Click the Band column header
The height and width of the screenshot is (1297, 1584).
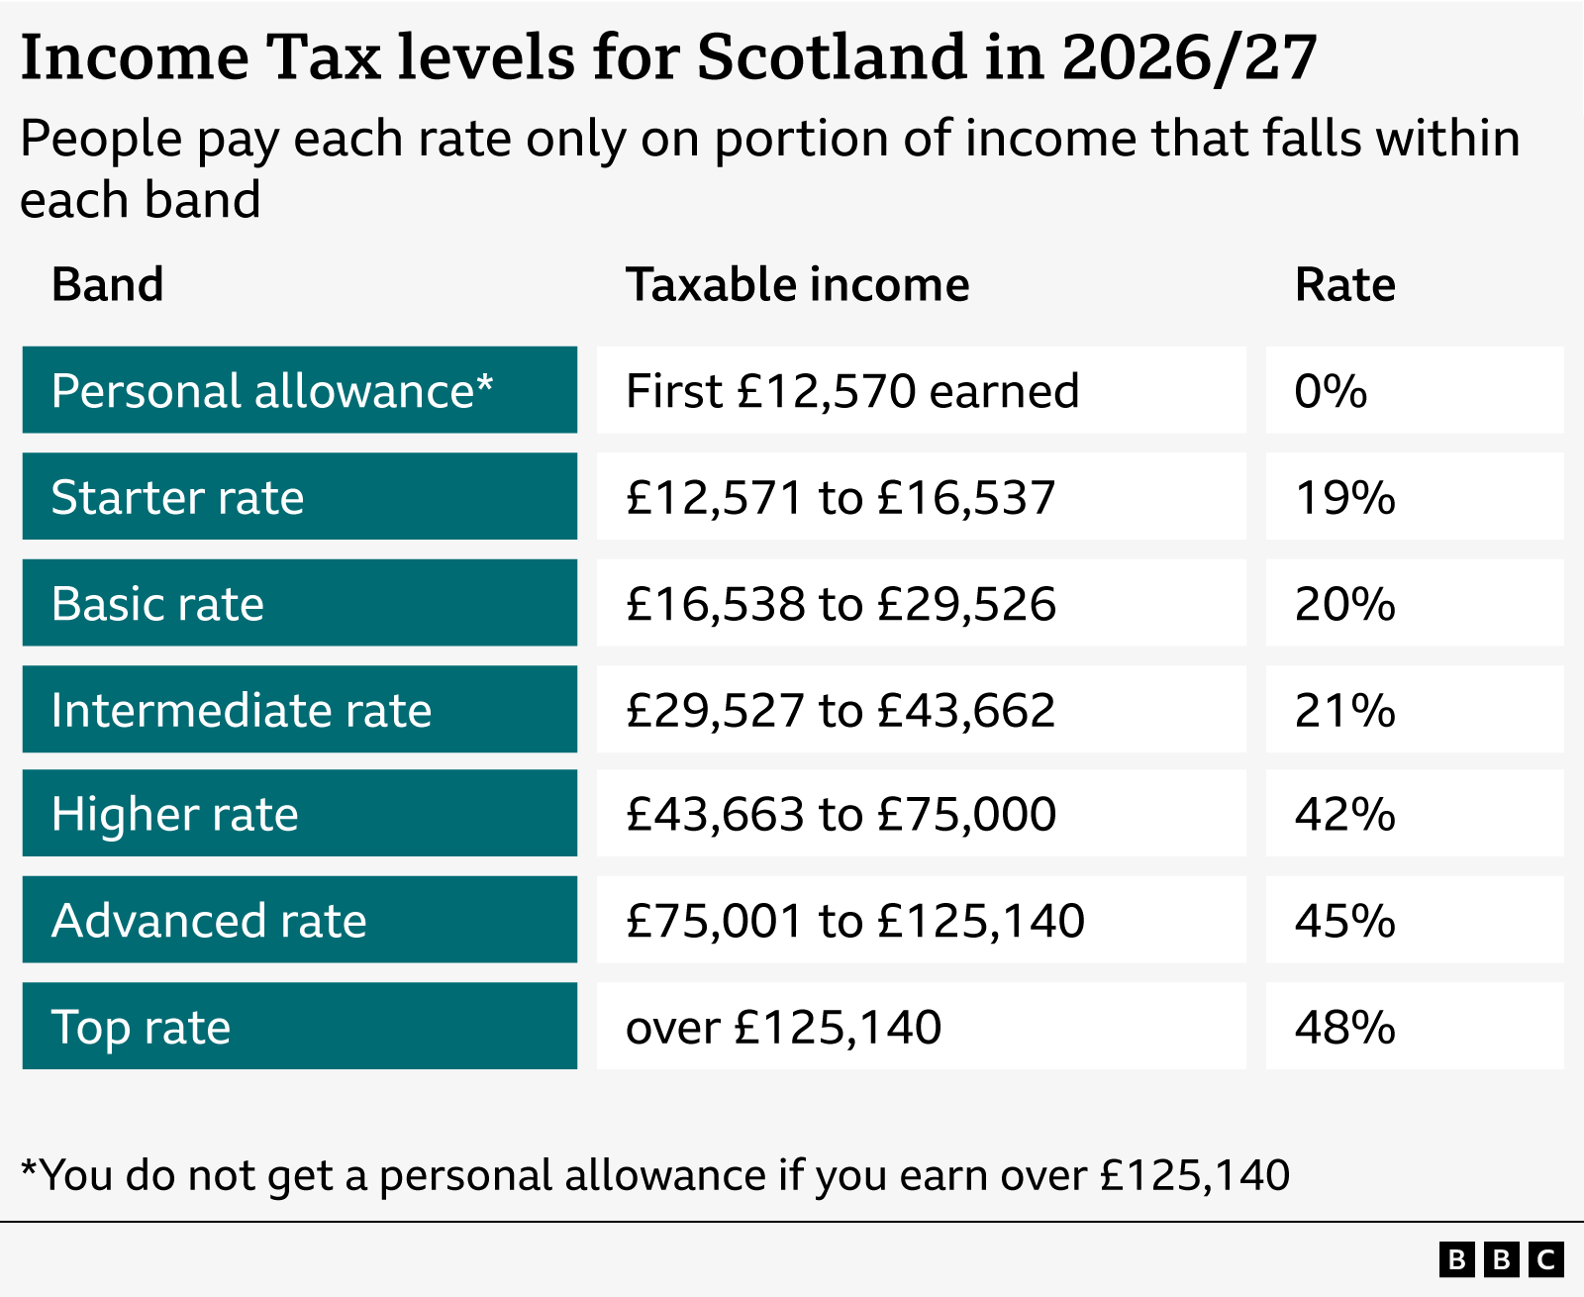coord(107,285)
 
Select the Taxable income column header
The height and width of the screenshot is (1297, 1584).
coord(797,285)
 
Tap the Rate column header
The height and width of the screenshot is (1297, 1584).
coord(1344,285)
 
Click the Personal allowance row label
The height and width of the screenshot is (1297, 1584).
coord(272,391)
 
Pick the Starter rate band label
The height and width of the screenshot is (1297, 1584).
coord(178,497)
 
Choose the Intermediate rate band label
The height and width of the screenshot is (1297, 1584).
coord(242,710)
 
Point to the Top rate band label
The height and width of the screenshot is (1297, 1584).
coord(141,1027)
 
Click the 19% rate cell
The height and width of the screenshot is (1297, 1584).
coord(1344,497)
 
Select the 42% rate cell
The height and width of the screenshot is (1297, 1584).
coord(1344,814)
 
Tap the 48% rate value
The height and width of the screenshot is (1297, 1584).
coord(1344,1027)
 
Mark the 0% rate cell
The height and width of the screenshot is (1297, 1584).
coord(1331,391)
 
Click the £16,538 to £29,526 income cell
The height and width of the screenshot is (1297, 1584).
coord(841,604)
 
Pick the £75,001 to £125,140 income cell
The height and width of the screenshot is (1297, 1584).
coord(855,921)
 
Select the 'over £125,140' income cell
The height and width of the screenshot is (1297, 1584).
coord(783,1027)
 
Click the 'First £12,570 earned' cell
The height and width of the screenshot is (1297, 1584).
coord(852,391)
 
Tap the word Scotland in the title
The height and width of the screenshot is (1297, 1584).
coord(831,56)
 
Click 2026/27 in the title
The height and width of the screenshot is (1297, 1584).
coord(1189,56)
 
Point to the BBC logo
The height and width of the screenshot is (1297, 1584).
coord(1501,1259)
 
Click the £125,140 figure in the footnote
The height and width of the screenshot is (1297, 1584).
coord(1195,1175)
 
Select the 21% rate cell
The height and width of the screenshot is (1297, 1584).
coord(1344,710)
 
